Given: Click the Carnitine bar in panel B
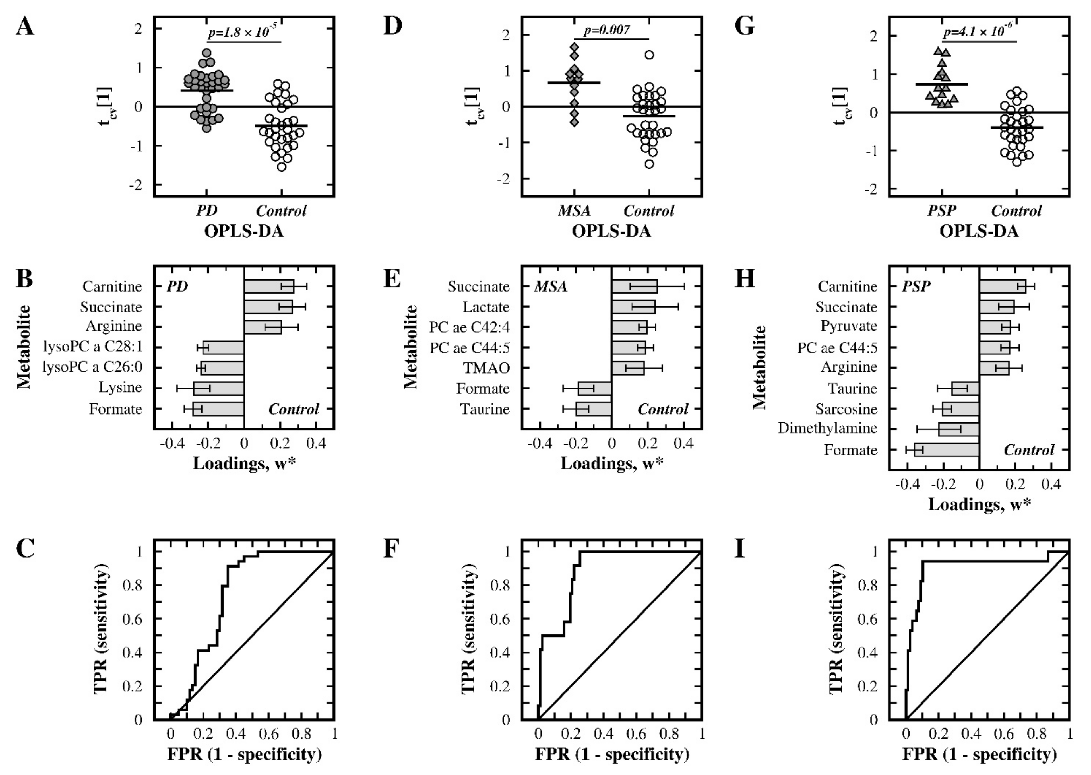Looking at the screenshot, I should pos(268,286).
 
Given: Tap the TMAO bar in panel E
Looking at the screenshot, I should pos(628,368).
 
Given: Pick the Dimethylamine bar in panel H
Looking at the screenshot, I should pos(959,429).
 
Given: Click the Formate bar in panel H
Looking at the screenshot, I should pos(947,450).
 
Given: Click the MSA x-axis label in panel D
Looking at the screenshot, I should pos(574,211).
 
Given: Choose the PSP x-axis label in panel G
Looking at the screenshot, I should pos(942,211).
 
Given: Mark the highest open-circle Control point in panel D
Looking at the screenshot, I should pos(649,55).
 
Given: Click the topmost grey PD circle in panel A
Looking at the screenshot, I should pos(206,53).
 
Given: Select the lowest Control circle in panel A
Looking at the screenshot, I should pos(282,166).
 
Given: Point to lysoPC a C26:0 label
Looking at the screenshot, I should pos(92,368).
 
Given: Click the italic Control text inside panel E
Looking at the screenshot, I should pos(663,409).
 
